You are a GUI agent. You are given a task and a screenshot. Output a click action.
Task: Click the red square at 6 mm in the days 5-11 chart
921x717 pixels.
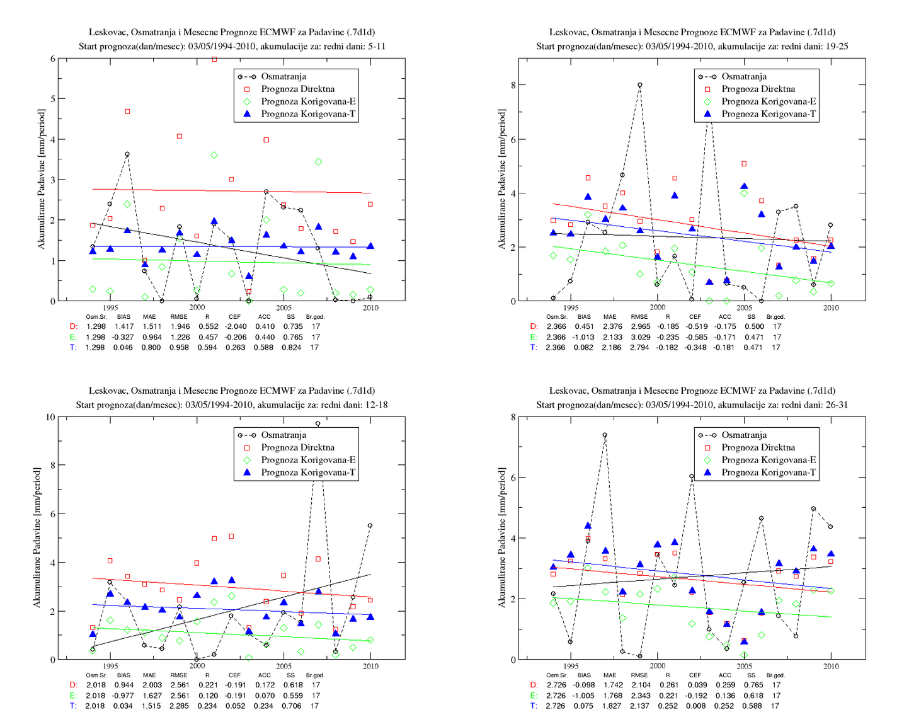click(214, 59)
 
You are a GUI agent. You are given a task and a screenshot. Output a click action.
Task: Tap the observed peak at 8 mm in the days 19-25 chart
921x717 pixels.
click(640, 85)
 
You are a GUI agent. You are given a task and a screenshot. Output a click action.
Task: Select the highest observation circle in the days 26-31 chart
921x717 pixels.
click(605, 435)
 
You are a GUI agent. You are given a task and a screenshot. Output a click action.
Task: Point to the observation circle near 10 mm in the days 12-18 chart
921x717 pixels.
click(317, 424)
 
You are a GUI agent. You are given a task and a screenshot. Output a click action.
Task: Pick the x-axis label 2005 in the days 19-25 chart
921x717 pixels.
click(745, 307)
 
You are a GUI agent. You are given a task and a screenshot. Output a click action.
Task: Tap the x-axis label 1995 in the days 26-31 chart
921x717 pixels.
click(571, 666)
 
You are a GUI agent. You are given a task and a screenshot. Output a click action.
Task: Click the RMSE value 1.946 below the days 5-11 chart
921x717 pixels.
click(179, 326)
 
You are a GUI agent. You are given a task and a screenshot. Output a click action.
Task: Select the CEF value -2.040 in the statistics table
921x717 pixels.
click(235, 326)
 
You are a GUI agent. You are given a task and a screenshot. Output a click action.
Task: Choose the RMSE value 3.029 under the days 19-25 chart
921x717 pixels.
click(639, 337)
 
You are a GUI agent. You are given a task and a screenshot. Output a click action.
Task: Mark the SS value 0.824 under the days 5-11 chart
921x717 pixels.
click(291, 347)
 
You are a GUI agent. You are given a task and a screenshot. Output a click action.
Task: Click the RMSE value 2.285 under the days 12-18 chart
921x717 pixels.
click(180, 706)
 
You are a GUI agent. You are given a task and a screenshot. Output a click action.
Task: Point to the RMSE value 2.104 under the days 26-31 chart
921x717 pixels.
click(640, 685)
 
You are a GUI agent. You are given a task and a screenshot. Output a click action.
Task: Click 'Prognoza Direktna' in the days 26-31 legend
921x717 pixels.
click(758, 447)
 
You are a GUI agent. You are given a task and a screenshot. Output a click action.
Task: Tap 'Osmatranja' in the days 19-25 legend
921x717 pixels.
click(744, 76)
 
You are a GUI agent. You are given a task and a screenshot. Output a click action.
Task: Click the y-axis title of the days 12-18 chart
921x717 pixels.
click(37, 537)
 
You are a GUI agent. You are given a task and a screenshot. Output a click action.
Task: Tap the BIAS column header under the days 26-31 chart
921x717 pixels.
click(584, 675)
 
